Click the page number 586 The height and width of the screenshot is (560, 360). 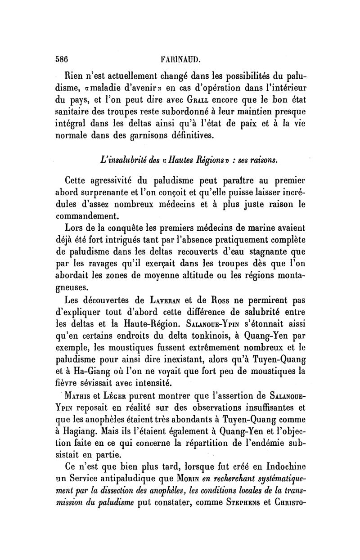[x=61, y=58]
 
